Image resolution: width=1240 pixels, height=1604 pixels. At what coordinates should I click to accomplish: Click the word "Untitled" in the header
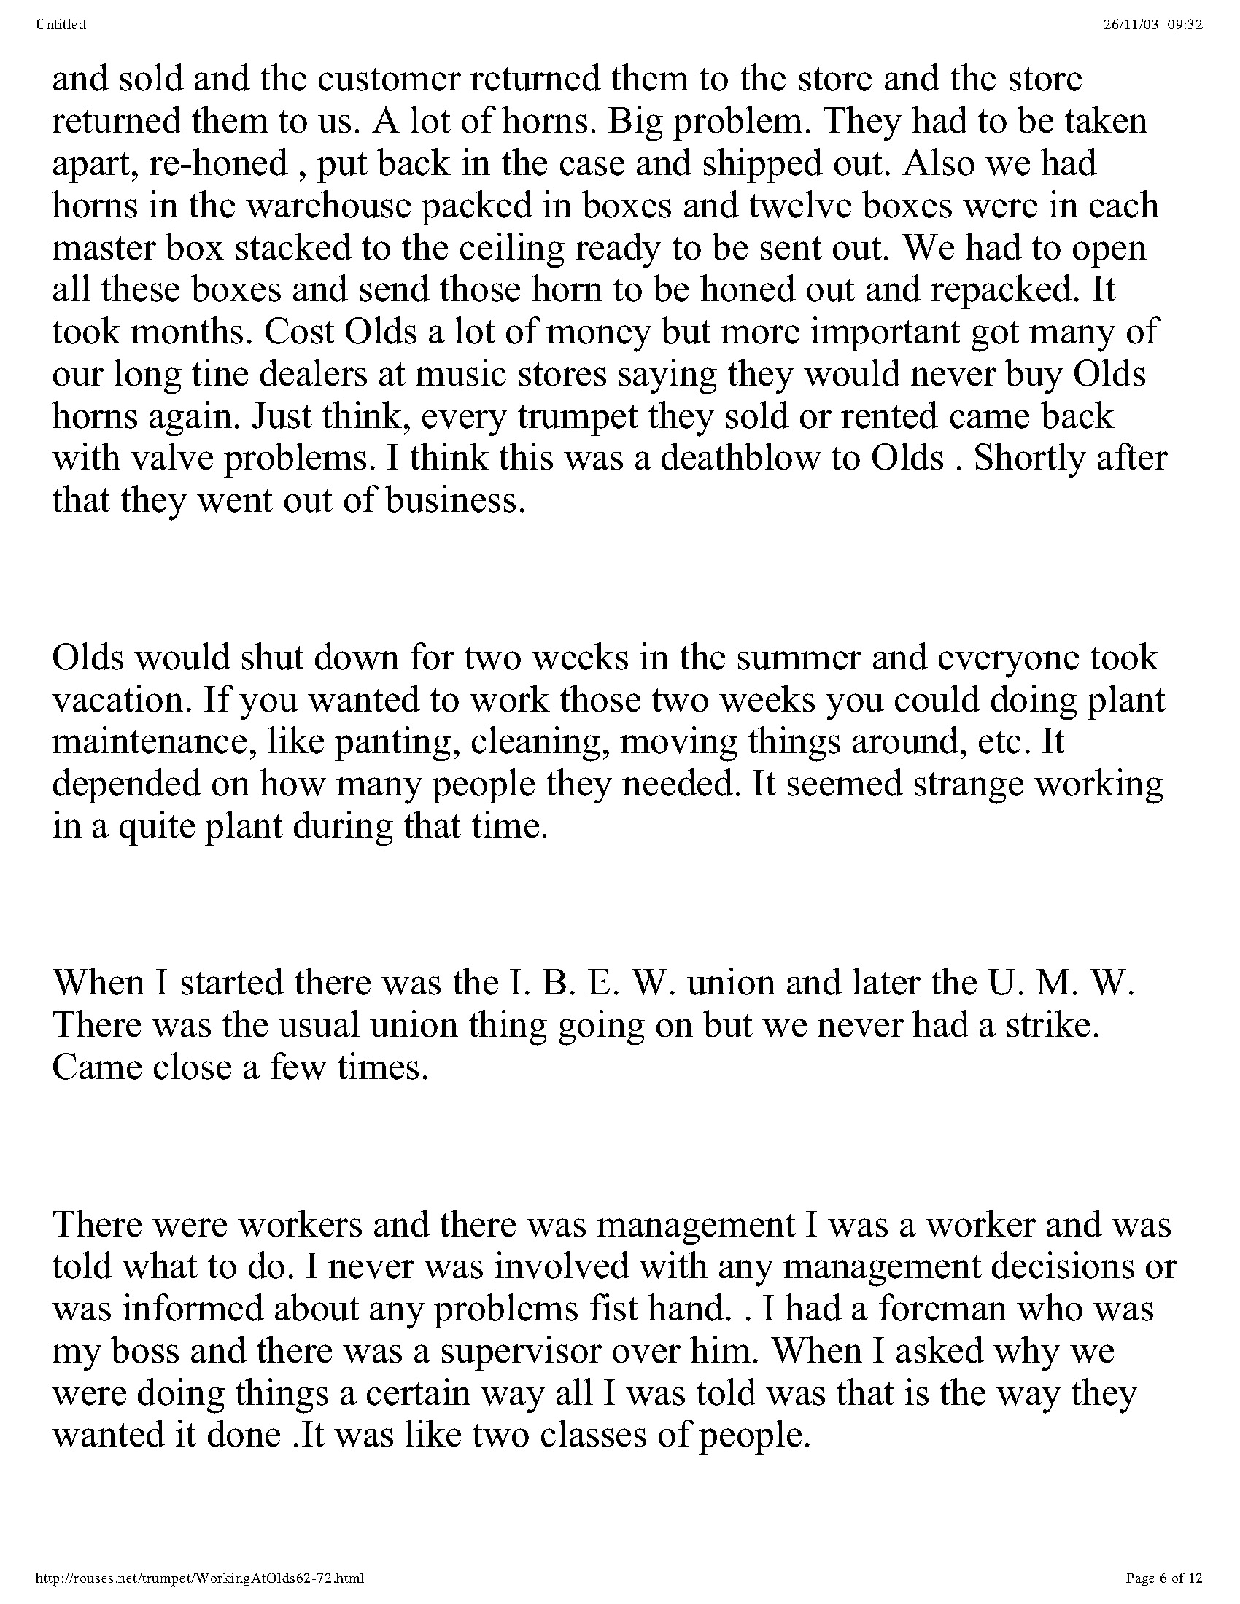tap(61, 25)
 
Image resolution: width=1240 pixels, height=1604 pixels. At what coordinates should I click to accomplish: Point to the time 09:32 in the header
tap(1185, 25)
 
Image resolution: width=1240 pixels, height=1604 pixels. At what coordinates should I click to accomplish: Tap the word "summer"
tap(798, 658)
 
